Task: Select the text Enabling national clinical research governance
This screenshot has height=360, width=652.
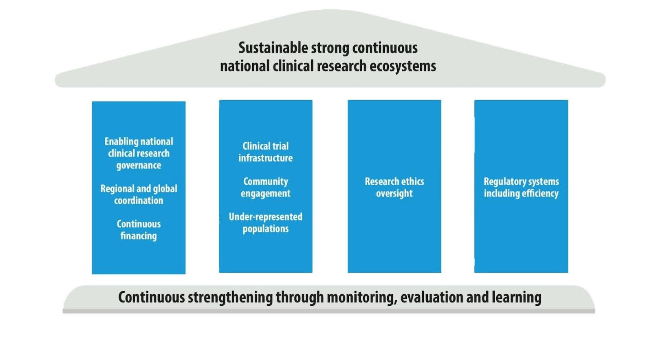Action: click(139, 153)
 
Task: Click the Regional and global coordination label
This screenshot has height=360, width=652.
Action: click(139, 194)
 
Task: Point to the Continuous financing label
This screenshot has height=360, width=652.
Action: click(139, 230)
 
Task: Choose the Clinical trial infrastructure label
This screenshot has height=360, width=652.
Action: click(265, 152)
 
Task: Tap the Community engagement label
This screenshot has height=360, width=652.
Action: click(265, 188)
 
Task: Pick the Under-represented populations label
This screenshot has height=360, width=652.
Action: click(265, 223)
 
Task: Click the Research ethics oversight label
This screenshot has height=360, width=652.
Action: click(394, 188)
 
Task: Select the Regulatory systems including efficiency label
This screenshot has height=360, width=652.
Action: click(521, 188)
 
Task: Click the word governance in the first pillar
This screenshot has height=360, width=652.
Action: click(139, 166)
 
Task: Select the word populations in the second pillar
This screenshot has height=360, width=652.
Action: click(265, 229)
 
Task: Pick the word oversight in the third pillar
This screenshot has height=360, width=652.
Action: click(394, 194)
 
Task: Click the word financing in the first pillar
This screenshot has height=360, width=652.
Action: click(139, 236)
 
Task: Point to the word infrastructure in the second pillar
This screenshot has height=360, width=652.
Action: click(265, 158)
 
